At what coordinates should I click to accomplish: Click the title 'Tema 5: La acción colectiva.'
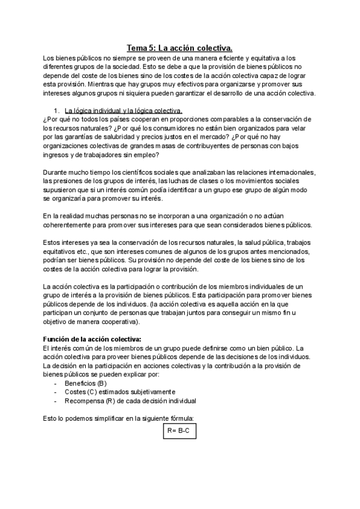[x=180, y=47]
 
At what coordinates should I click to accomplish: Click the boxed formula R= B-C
[x=180, y=431]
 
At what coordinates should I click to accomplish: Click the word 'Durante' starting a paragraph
[x=57, y=172]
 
